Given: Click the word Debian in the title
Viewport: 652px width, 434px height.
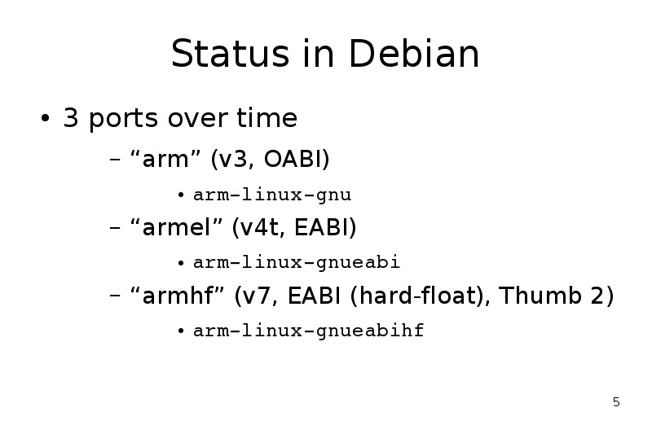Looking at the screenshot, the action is tap(414, 53).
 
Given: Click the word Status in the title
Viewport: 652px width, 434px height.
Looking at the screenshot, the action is tap(230, 53).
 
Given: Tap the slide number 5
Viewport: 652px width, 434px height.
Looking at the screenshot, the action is tap(616, 402).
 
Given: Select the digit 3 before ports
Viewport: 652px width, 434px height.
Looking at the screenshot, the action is tap(71, 117).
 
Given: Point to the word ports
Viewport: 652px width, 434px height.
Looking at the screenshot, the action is tap(124, 119).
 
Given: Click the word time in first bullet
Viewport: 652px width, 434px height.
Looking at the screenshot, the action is tap(267, 117).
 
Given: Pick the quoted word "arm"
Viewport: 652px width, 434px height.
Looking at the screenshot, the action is tap(165, 158).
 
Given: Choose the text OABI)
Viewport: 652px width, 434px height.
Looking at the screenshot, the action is tap(297, 159).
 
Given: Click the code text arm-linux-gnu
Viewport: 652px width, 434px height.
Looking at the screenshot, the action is tap(272, 195).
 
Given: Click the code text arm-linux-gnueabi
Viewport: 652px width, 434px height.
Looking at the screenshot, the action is tap(297, 262).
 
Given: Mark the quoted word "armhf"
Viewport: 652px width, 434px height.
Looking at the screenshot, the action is tap(178, 295).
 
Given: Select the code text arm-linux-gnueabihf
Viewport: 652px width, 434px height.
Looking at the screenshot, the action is tap(309, 331).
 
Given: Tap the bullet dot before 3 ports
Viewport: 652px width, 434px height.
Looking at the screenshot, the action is tap(46, 118).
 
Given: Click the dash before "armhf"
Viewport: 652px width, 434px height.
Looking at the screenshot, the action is tap(115, 296).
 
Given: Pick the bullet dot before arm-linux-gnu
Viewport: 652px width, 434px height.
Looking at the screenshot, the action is tap(181, 195).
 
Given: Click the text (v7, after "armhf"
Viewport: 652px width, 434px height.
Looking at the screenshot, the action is tap(256, 296).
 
